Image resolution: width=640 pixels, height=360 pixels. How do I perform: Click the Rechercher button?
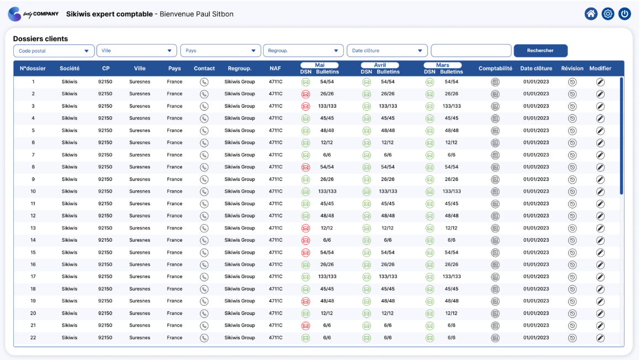[541, 51]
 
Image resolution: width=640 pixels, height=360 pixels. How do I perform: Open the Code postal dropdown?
[54, 51]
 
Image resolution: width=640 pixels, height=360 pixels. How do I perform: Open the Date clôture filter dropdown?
[387, 51]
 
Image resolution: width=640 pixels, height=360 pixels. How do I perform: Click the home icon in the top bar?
[591, 14]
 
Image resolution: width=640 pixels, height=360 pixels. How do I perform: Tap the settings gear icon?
[608, 14]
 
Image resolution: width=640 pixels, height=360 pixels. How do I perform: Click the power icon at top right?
[625, 14]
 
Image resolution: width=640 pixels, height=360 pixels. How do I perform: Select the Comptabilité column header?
[495, 68]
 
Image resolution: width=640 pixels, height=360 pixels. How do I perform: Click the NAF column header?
[275, 68]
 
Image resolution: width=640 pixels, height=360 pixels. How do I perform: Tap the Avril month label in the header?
[380, 65]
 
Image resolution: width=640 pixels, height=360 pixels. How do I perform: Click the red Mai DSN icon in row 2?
[305, 94]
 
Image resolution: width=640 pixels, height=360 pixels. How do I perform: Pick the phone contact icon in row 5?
[204, 131]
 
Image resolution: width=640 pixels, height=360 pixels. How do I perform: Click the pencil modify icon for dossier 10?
[600, 192]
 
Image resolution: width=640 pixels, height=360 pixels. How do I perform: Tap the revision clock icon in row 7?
[572, 155]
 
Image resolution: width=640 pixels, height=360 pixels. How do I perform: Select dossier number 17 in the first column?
[33, 276]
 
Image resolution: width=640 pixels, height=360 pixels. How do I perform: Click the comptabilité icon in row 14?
[495, 240]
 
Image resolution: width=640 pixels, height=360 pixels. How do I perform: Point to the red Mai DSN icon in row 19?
[305, 301]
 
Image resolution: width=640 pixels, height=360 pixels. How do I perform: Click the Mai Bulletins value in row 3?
[327, 106]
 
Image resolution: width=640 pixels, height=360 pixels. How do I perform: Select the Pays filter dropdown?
[221, 51]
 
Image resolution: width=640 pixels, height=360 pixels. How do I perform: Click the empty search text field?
[471, 51]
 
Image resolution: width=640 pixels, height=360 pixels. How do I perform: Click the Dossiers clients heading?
[40, 39]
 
